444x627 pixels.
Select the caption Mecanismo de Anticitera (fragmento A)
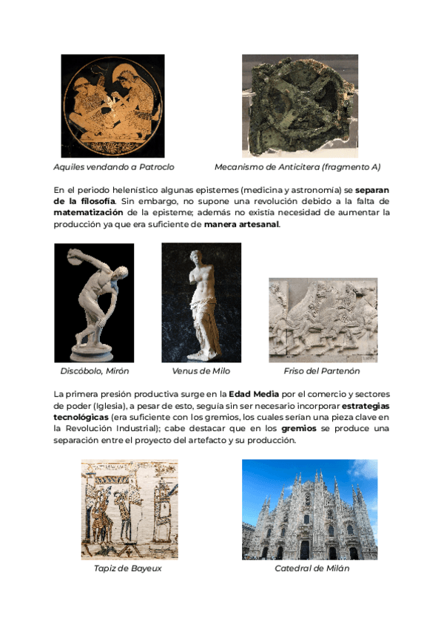[x=297, y=167]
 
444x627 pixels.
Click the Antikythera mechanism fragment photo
[x=300, y=106]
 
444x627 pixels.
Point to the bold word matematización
[x=90, y=213]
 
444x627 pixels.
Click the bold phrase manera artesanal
[x=242, y=225]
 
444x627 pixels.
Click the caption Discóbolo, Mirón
[x=95, y=371]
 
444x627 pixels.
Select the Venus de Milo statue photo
[x=201, y=302]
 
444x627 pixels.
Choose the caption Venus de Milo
[x=201, y=371]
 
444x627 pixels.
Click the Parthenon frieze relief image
[x=323, y=319]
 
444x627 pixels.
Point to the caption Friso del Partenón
[x=322, y=371]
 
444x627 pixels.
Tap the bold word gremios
[x=299, y=429]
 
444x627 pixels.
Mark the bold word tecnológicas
[x=81, y=417]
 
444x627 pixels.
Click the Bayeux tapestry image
[x=129, y=509]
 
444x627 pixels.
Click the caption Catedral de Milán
[x=312, y=569]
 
